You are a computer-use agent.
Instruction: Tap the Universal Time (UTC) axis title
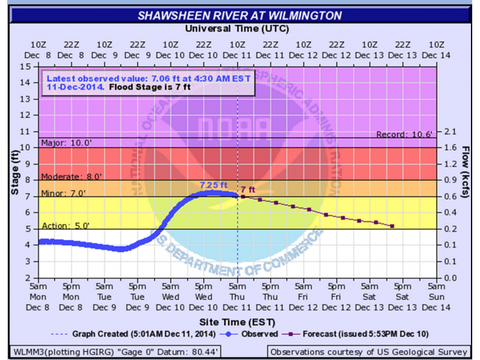(238, 29)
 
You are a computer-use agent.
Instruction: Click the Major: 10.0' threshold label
(65, 143)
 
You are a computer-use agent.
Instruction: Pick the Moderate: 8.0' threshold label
(70, 176)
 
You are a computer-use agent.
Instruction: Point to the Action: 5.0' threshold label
(65, 226)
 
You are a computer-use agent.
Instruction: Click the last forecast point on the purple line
(392, 226)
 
